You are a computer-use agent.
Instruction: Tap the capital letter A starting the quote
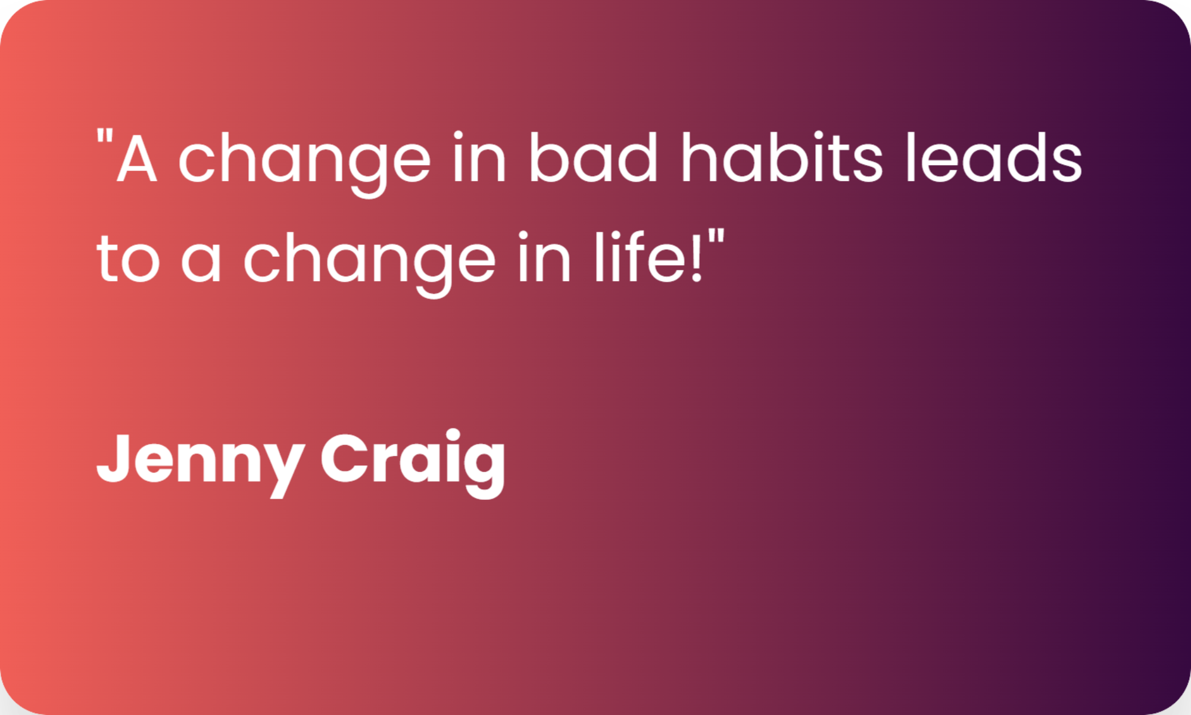coord(137,158)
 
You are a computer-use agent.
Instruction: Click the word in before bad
coord(479,156)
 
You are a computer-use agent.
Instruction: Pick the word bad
coord(593,156)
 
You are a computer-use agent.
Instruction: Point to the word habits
coord(782,156)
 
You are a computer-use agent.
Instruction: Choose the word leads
coord(994,156)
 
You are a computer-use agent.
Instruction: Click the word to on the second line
coord(128,258)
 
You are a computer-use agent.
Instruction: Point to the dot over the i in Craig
coord(453,434)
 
